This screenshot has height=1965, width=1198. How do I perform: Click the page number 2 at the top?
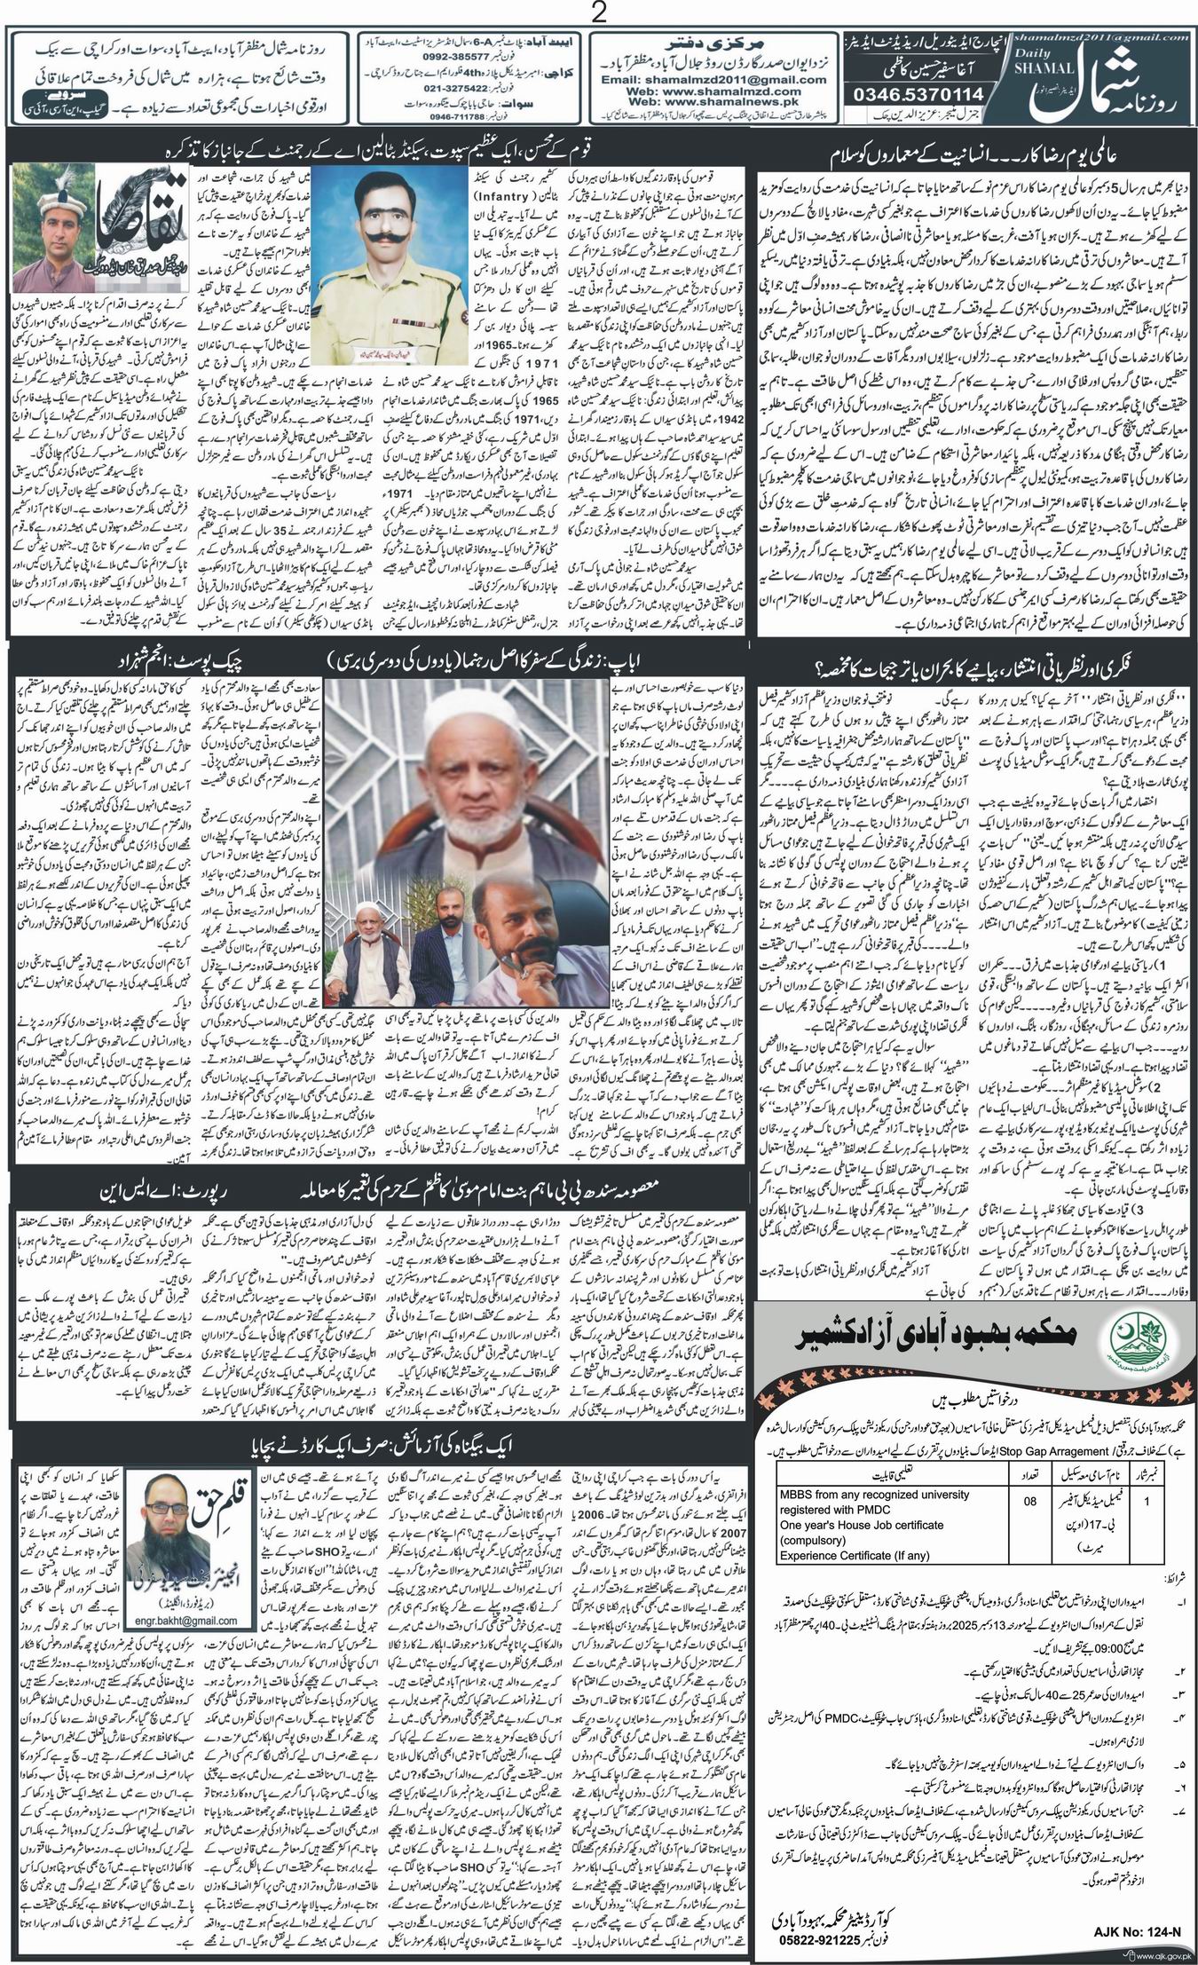[601, 13]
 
